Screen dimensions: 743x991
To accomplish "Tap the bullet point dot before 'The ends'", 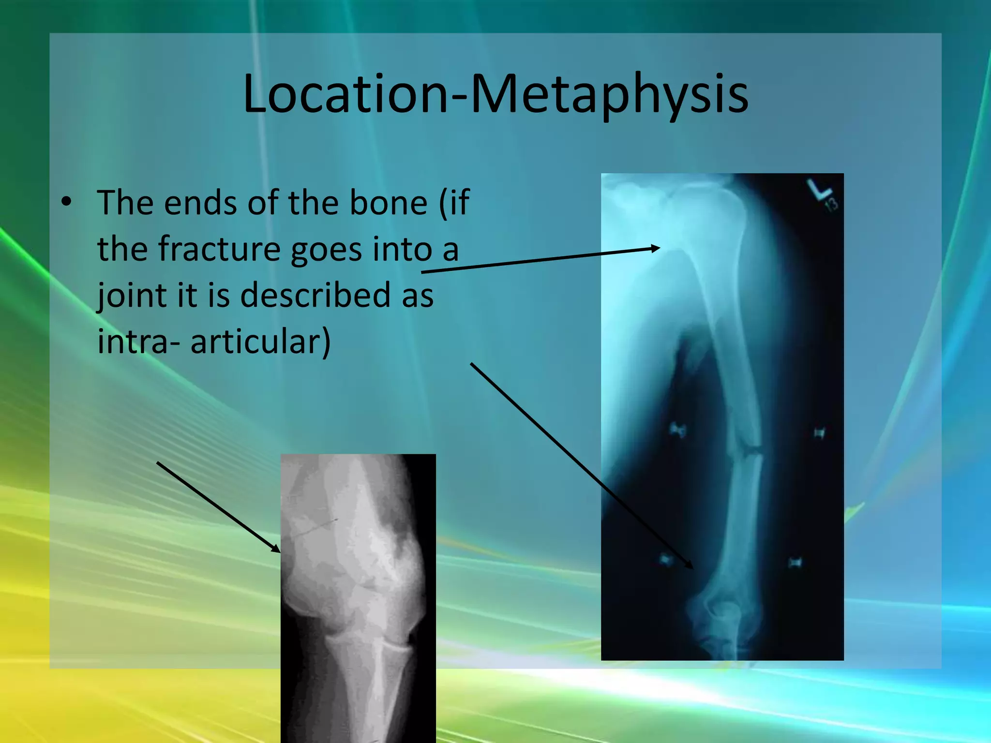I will pyautogui.click(x=66, y=202).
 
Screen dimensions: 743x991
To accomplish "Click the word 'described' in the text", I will pyautogui.click(x=315, y=295).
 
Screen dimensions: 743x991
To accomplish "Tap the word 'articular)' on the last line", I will pyautogui.click(x=260, y=341).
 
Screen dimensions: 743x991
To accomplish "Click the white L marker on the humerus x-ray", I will pyautogui.click(x=818, y=190).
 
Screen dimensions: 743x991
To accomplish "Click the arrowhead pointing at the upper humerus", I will pyautogui.click(x=656, y=249).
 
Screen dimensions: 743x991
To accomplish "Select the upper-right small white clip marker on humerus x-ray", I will pyautogui.click(x=819, y=432).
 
